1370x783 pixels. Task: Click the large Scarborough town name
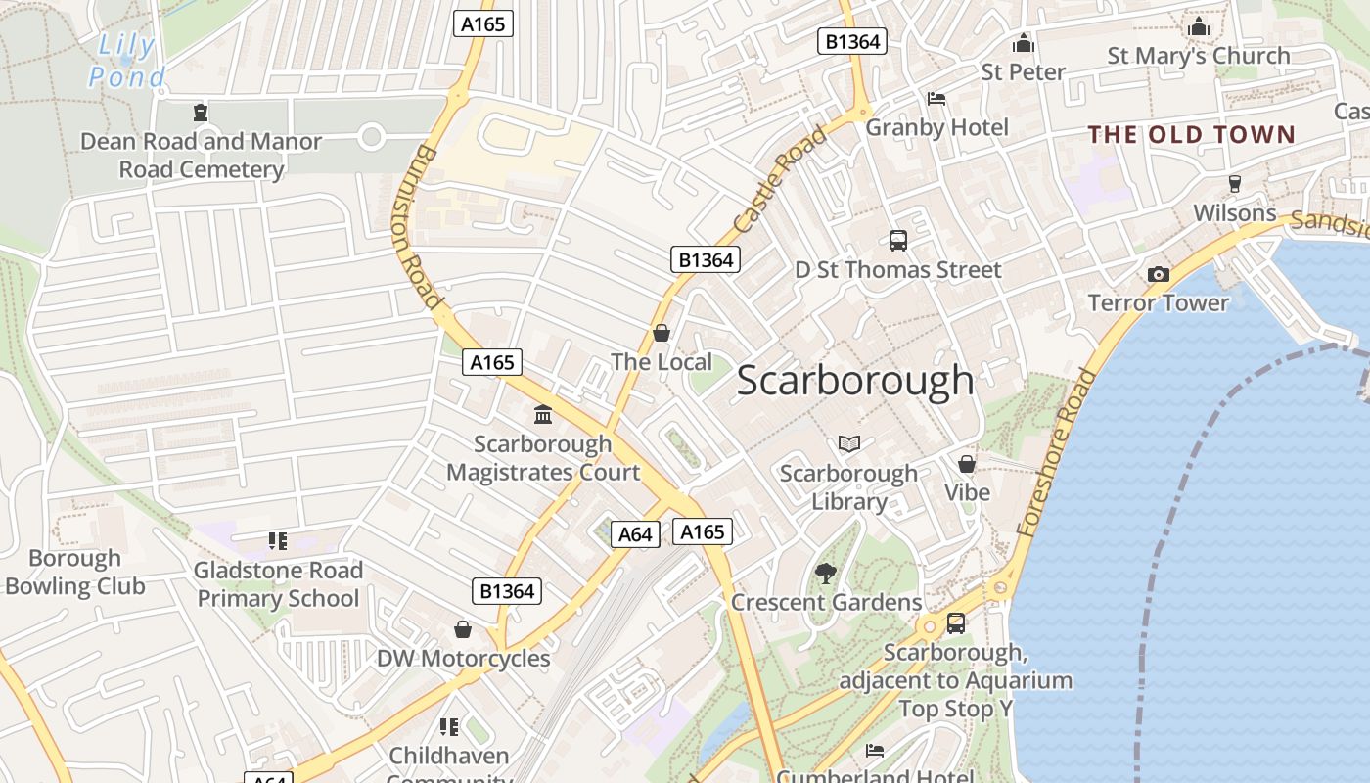tap(854, 381)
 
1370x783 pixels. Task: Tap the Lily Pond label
tap(127, 61)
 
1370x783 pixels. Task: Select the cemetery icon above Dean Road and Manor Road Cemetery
tap(201, 113)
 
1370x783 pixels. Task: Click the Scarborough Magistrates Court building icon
tap(543, 415)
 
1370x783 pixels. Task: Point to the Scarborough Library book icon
tap(849, 444)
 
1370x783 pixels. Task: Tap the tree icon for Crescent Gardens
tap(826, 574)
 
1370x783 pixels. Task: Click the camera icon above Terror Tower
tap(1159, 274)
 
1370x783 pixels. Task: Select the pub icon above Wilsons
tap(1235, 184)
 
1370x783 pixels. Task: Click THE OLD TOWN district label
tap(1192, 135)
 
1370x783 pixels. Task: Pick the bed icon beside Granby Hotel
tap(936, 99)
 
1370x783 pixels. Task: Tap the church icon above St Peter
tap(1024, 44)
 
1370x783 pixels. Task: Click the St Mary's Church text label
tap(1199, 56)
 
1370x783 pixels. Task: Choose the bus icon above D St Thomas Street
tap(897, 241)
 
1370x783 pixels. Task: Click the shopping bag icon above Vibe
tap(967, 464)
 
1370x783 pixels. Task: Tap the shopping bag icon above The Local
tap(662, 334)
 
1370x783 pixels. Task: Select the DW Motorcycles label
tap(464, 658)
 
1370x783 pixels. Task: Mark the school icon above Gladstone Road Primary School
tap(278, 541)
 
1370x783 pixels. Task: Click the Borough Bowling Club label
tap(74, 573)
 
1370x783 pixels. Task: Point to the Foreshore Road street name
tap(1057, 452)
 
